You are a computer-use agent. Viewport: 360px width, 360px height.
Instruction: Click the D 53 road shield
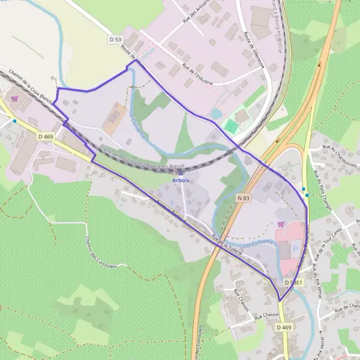(116, 39)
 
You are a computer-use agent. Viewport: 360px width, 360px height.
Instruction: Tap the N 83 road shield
(243, 197)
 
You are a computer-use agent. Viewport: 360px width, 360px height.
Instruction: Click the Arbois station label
(181, 180)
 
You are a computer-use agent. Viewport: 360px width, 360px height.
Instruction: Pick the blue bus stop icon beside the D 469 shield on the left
(14, 121)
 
